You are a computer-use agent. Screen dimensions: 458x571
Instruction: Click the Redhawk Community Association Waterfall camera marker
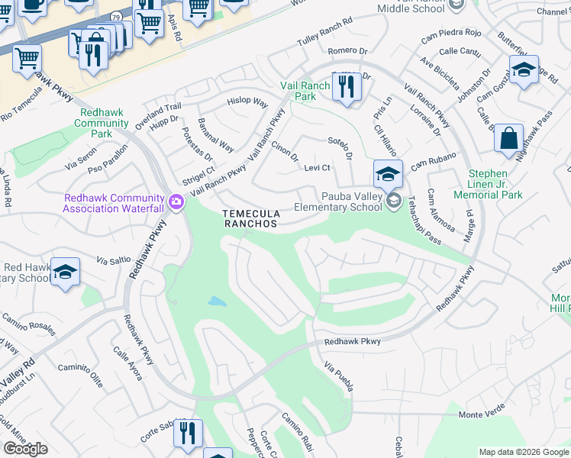click(x=177, y=202)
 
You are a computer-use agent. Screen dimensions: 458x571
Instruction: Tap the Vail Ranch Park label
click(x=305, y=92)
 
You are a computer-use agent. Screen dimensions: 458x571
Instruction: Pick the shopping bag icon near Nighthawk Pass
click(x=508, y=140)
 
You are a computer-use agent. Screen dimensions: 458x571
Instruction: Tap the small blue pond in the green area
click(x=217, y=302)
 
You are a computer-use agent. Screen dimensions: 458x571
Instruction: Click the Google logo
click(x=25, y=449)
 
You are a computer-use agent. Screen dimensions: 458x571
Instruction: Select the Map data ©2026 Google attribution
click(x=523, y=452)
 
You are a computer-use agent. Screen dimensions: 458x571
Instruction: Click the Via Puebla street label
click(x=339, y=376)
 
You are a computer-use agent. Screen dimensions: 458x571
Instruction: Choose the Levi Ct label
click(x=317, y=168)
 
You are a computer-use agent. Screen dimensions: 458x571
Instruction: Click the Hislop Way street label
click(x=247, y=102)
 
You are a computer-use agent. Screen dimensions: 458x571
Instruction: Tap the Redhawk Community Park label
click(x=104, y=123)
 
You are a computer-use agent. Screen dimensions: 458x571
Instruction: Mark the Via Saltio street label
click(x=113, y=260)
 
